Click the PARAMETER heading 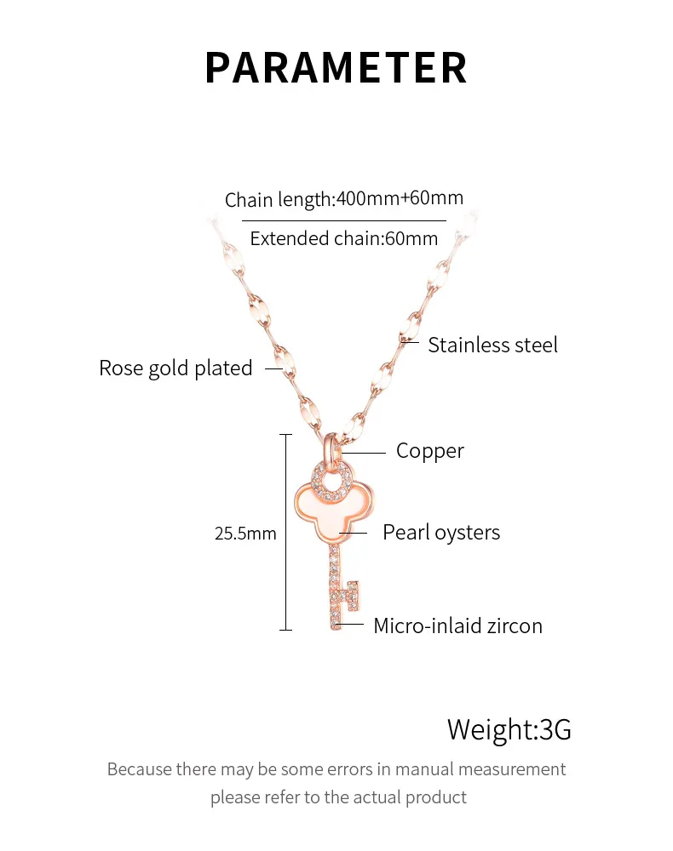336,68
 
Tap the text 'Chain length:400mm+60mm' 344,200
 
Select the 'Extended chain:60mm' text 344,238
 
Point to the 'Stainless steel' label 492,345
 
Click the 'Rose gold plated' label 175,368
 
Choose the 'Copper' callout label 429,451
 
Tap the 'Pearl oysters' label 440,533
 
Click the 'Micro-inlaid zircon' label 457,626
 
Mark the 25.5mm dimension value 245,534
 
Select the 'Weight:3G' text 509,729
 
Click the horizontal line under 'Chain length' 344,221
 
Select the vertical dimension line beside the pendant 285,532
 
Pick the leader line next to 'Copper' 365,452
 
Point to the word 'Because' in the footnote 139,769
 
